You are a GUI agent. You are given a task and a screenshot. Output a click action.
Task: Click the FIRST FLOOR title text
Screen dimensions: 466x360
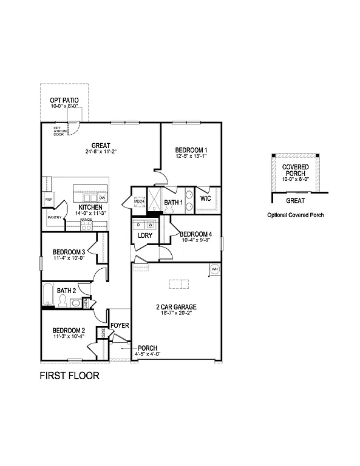69,376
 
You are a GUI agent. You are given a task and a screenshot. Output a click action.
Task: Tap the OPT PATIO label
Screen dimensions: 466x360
64,101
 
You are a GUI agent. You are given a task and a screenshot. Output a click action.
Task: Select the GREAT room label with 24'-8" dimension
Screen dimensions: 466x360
101,146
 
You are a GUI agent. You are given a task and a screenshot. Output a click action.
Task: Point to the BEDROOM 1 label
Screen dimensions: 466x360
191,150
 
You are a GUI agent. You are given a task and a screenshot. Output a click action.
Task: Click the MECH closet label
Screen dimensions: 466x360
139,201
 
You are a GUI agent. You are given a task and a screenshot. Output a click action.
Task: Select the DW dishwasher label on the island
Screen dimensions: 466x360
103,198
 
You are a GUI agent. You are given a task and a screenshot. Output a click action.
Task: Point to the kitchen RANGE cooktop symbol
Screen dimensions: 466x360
86,225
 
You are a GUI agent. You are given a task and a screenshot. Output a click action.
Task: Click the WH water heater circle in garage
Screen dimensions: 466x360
214,269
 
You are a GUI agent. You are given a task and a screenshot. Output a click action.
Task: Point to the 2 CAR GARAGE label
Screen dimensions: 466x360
176,307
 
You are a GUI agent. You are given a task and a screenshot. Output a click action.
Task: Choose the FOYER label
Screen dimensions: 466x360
120,326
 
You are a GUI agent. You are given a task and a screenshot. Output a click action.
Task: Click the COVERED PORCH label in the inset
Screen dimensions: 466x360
295,170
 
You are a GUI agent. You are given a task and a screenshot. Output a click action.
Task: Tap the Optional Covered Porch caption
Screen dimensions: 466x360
296,215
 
